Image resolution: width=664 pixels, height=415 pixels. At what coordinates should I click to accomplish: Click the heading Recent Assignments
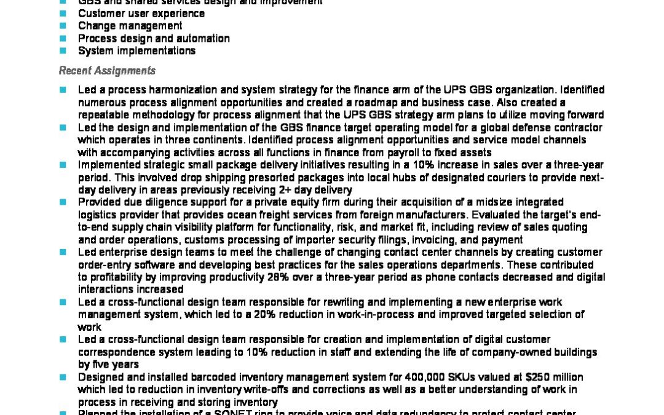pos(107,71)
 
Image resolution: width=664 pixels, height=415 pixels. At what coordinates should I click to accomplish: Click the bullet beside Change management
pos(63,26)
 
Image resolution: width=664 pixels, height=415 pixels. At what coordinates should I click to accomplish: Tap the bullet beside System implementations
pos(63,51)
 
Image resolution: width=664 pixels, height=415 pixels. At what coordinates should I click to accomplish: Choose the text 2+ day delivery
pos(314,190)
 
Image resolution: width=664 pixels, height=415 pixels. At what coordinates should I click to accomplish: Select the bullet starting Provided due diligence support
pos(63,202)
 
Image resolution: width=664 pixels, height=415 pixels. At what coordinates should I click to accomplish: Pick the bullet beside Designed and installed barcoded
pos(63,377)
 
